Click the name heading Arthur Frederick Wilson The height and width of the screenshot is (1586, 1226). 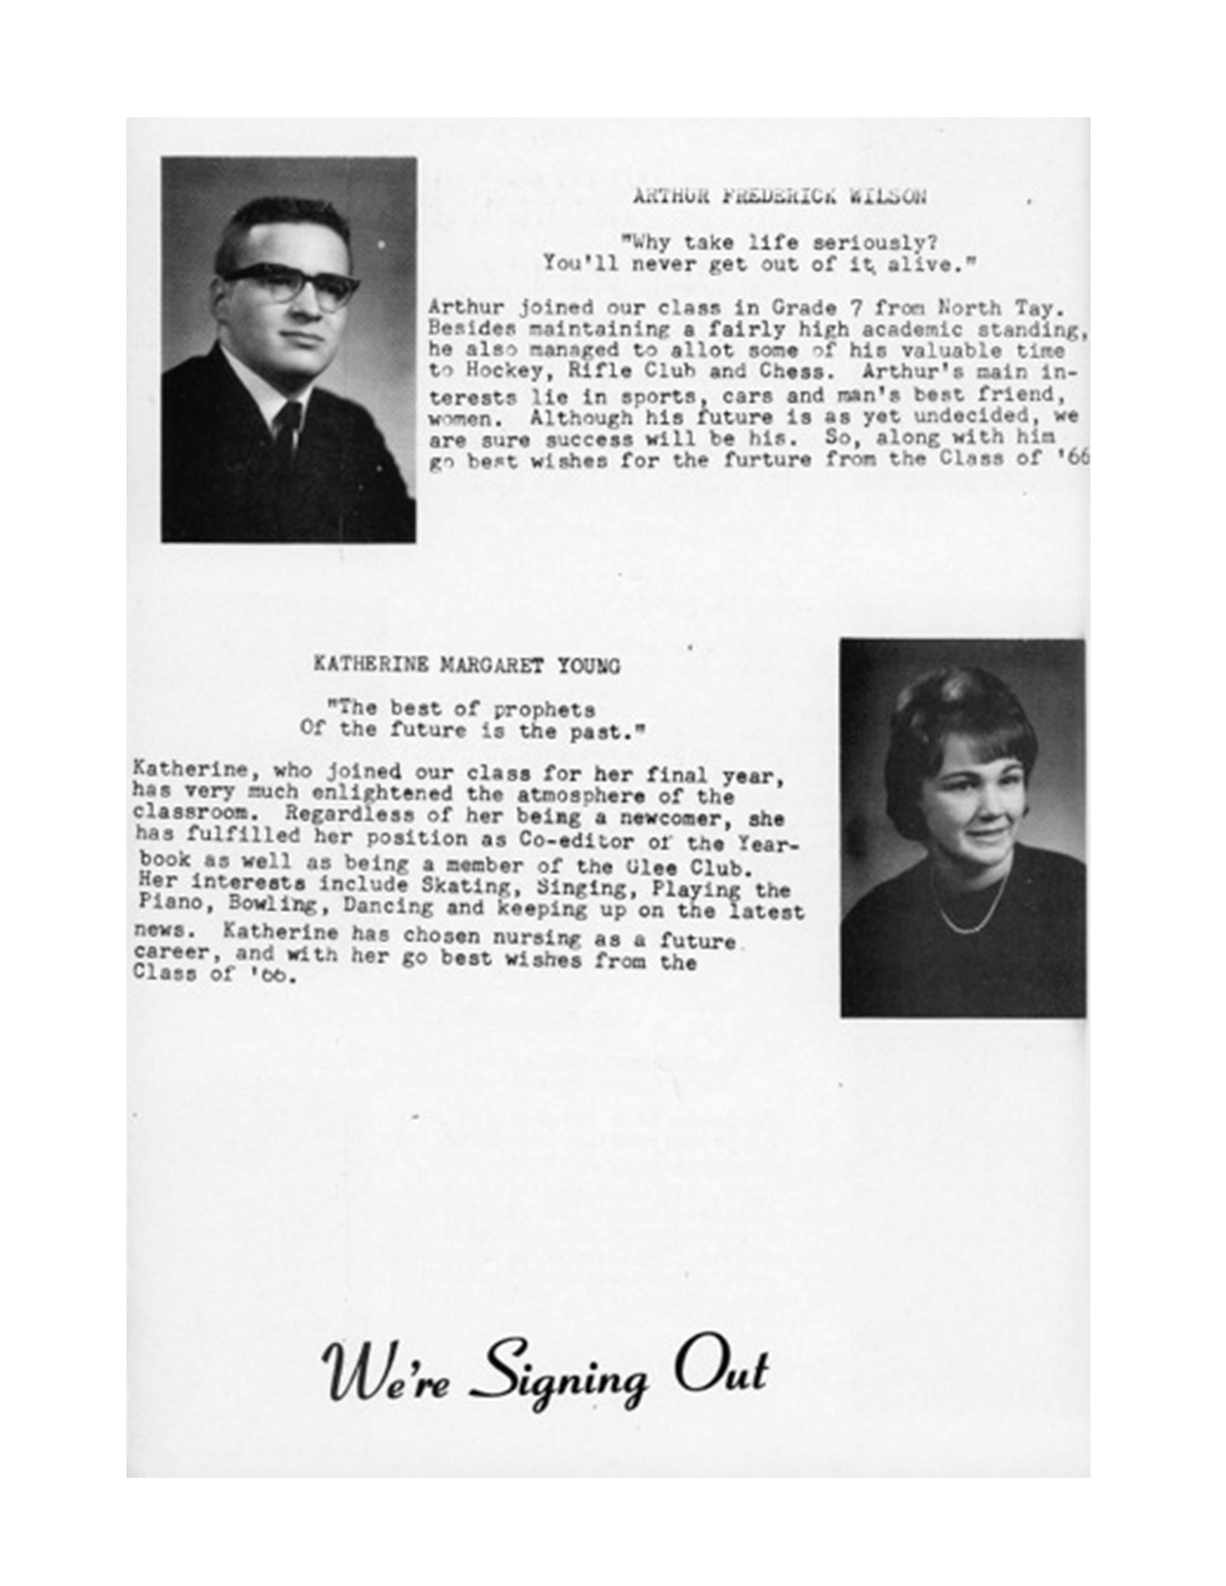click(779, 196)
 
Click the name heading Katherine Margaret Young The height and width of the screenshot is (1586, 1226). click(466, 665)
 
